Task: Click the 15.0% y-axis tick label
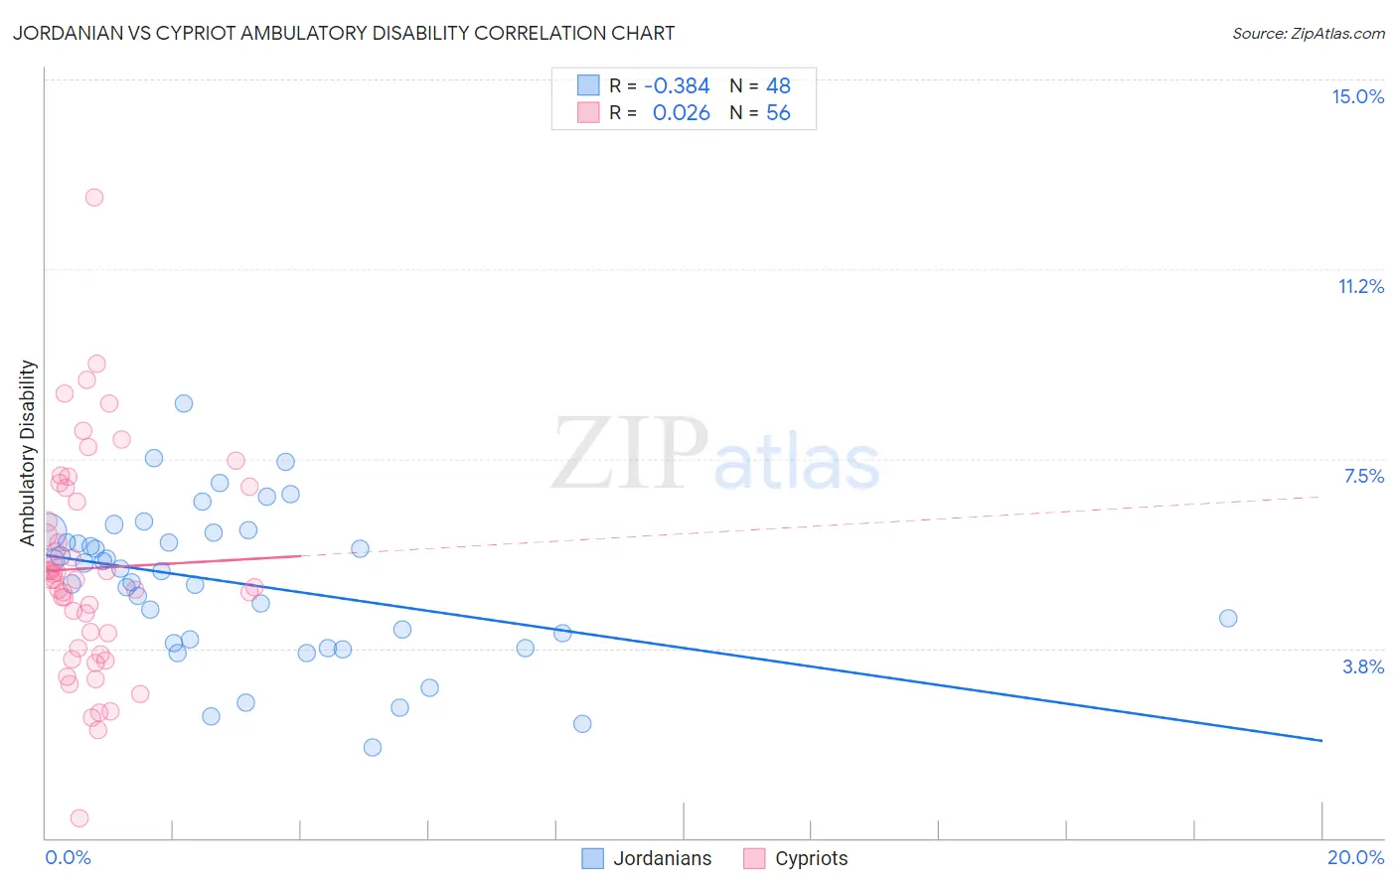pos(1357,96)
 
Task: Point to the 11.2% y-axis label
pos(1360,286)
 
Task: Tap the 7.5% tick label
pos(1363,476)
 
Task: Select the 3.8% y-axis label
pos(1363,666)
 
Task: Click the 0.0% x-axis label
pos(68,857)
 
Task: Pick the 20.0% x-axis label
pos(1355,857)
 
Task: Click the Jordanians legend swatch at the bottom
pos(592,858)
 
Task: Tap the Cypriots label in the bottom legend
pos(811,858)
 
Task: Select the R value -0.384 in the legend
pos(677,85)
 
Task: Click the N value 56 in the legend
pos(778,113)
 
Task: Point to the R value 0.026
pos(681,113)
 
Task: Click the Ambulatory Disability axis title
pos(28,453)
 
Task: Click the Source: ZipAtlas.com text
pos(1308,34)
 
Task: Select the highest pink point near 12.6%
pos(94,197)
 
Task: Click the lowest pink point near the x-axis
pos(79,818)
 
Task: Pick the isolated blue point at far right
pos(1228,618)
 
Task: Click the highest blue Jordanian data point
pos(184,403)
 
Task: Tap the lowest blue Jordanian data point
pos(373,747)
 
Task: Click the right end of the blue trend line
pos(1321,741)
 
